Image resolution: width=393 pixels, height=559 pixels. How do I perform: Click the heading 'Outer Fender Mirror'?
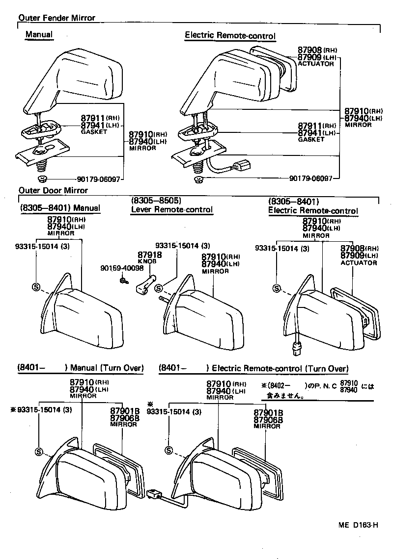coord(56,18)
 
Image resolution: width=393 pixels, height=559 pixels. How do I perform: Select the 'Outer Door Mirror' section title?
coord(53,190)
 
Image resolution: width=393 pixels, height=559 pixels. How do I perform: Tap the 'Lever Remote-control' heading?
coord(171,209)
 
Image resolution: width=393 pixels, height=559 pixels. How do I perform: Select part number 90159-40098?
coord(122,268)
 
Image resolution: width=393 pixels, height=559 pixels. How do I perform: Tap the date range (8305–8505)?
coord(156,201)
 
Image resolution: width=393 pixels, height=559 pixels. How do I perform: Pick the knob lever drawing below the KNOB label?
coord(143,285)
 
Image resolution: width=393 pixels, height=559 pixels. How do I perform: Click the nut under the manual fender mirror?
coord(43,178)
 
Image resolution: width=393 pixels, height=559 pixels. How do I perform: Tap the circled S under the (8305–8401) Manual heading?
coord(36,287)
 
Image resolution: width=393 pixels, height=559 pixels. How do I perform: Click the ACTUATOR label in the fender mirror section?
coord(315,64)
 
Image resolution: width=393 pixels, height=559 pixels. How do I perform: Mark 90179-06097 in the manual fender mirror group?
coord(98,179)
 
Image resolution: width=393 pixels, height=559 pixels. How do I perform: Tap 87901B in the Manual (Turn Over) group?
coord(125,411)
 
